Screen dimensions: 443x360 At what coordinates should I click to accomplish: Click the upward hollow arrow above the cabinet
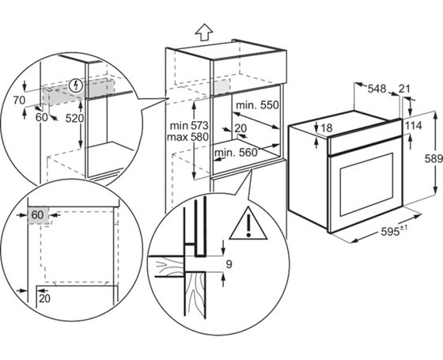(204, 31)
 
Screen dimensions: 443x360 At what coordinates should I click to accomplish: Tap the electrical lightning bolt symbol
(76, 85)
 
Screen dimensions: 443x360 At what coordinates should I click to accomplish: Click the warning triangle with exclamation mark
(248, 224)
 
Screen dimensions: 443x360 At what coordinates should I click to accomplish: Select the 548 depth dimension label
(377, 89)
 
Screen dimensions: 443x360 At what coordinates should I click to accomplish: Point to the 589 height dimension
(434, 159)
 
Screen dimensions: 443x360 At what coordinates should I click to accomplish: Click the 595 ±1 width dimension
(394, 231)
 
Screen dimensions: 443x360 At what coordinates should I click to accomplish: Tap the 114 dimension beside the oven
(413, 126)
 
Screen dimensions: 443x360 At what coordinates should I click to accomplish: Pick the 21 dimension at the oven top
(404, 89)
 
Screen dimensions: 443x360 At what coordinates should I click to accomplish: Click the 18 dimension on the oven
(327, 128)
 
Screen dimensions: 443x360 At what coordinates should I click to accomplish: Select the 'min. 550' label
(257, 105)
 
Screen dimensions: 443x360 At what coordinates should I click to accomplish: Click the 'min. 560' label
(237, 153)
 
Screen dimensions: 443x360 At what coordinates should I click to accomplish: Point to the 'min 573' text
(189, 125)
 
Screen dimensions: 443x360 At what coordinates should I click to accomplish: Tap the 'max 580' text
(187, 137)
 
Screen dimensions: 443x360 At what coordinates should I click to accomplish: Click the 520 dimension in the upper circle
(74, 119)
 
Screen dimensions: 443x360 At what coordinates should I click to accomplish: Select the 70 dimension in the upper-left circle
(19, 100)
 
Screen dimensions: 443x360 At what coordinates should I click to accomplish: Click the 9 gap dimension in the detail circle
(229, 264)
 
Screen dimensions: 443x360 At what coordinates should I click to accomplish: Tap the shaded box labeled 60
(38, 215)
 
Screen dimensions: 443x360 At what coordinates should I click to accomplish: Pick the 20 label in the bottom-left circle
(44, 298)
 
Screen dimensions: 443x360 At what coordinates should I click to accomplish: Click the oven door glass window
(366, 184)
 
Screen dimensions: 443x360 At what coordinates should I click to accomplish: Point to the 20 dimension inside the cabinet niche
(240, 128)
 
